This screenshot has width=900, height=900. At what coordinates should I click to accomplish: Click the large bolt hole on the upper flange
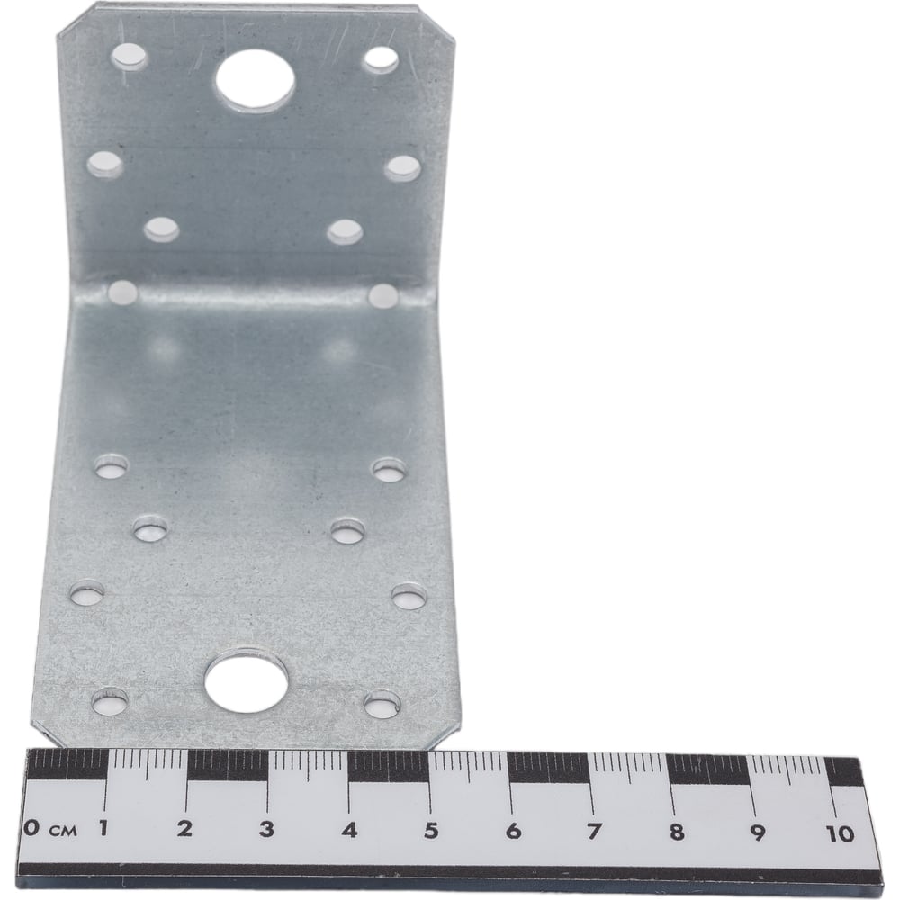point(255,80)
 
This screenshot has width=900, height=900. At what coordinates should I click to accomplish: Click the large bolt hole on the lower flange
point(247,681)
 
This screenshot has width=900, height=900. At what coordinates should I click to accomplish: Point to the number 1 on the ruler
point(104,828)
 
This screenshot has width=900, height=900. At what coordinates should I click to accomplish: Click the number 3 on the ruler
point(265,829)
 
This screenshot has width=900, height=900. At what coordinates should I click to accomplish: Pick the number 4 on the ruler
point(349,830)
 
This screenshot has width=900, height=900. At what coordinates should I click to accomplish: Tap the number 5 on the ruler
point(430,830)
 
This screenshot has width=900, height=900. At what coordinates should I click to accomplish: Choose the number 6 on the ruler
point(513,831)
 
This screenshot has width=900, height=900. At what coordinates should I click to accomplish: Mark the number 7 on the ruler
point(594,831)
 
